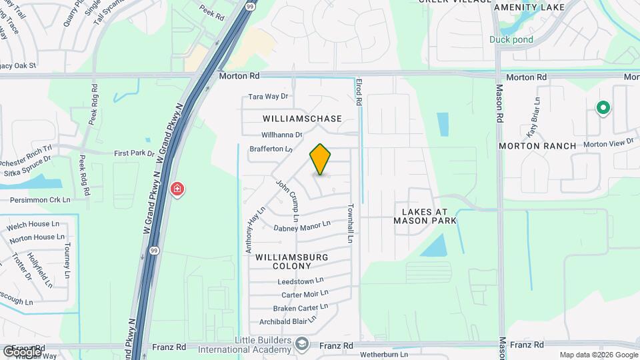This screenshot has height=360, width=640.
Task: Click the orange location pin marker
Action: tap(320, 159)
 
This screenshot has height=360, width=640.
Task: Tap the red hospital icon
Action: tap(177, 189)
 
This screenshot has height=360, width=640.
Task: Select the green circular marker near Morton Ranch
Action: tap(603, 107)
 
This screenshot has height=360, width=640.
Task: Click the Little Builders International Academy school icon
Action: tap(302, 343)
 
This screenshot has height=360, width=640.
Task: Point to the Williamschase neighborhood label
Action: tap(302, 119)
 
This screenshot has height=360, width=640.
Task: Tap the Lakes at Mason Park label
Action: tap(425, 215)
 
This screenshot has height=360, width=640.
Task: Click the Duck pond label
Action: tap(511, 39)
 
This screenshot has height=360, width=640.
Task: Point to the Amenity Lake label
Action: tap(529, 7)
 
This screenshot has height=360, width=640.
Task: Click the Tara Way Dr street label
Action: tap(268, 97)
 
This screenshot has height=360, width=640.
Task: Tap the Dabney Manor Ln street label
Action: tap(302, 227)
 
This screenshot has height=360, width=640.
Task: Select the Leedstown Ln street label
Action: tap(301, 281)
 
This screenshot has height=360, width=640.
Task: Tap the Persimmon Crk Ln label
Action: tap(40, 199)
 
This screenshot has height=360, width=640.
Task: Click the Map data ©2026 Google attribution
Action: tap(599, 355)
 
